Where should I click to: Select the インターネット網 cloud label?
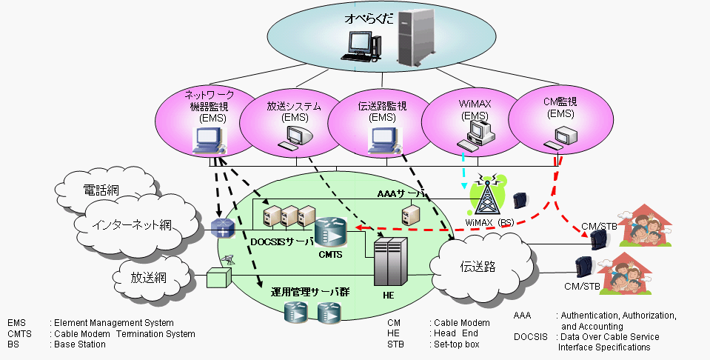point(132,224)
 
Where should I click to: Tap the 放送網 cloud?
point(149,278)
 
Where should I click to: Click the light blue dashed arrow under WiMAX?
point(464,168)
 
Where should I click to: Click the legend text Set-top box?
point(456,344)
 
